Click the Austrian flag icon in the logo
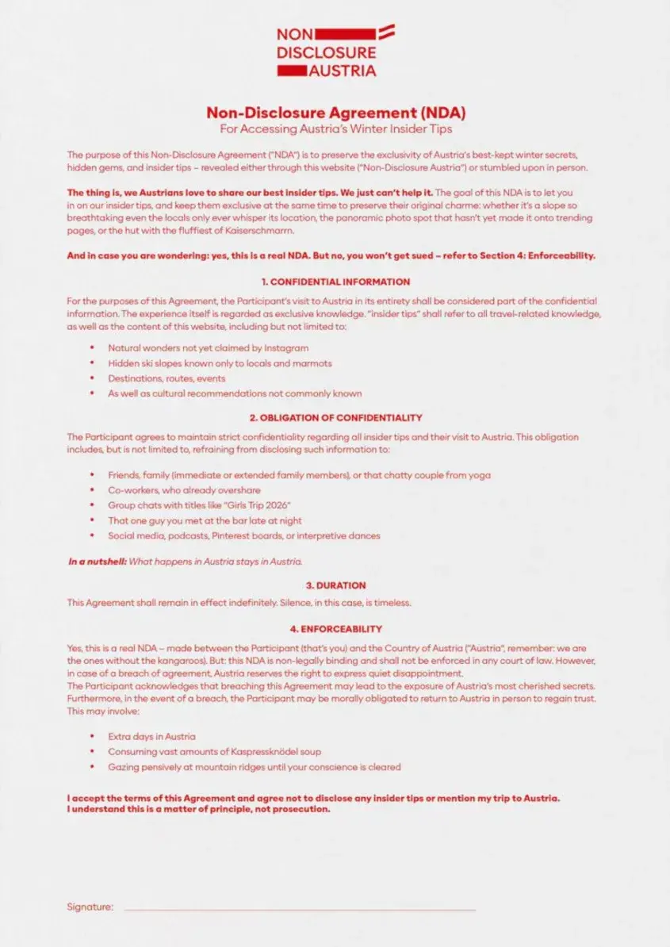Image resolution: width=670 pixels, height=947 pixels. [x=387, y=33]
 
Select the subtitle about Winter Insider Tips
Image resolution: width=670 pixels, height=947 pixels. [x=335, y=128]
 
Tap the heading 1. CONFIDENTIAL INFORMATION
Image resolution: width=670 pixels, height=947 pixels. [x=335, y=282]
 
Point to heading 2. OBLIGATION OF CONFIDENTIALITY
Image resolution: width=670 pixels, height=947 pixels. [x=335, y=417]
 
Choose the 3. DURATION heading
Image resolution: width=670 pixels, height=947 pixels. [x=335, y=585]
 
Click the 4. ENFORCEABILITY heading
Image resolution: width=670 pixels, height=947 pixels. [x=335, y=629]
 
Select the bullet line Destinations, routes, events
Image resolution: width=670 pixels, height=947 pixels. [x=167, y=378]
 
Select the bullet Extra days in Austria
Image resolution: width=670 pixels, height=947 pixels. [x=151, y=737]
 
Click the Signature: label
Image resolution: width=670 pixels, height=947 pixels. [x=90, y=907]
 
